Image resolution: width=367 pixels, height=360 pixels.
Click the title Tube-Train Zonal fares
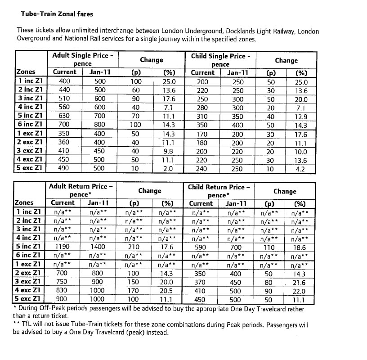[x=57, y=14]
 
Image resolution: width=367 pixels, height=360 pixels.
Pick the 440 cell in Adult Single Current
[x=65, y=90]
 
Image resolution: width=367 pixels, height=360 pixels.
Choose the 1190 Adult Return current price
[x=63, y=247]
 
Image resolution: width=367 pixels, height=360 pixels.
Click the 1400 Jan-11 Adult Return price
[x=97, y=247]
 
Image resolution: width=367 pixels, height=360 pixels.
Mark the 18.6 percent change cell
[x=298, y=247]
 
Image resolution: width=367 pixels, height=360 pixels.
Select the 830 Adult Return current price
[x=63, y=291]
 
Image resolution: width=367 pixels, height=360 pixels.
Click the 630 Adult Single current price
[x=65, y=117]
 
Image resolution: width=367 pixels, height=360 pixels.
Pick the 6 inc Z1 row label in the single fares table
[x=30, y=125]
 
